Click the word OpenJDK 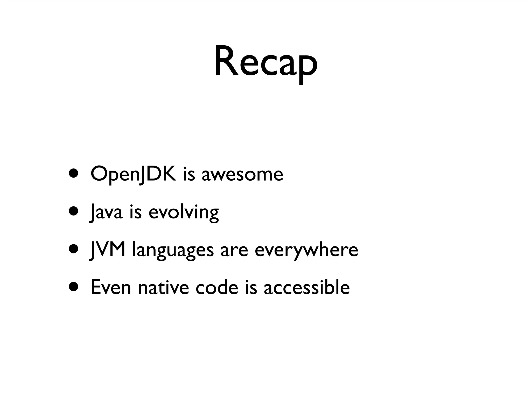point(133,174)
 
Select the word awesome point(242,174)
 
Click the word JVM point(107,250)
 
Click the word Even point(111,288)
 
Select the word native point(163,288)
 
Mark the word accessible point(307,288)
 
